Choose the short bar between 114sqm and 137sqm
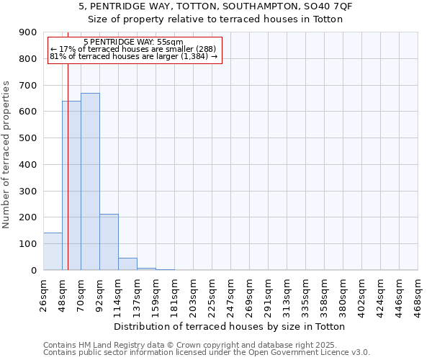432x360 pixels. [x=127, y=264]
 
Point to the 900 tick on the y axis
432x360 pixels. [x=28, y=32]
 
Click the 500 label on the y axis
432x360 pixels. [x=28, y=138]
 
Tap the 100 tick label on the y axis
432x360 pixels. [x=28, y=244]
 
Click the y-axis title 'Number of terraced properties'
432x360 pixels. [x=7, y=155]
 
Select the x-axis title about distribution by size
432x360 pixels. [x=230, y=327]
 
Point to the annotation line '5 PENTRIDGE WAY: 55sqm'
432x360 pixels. [x=133, y=42]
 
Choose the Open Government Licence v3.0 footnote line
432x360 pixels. [x=207, y=353]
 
